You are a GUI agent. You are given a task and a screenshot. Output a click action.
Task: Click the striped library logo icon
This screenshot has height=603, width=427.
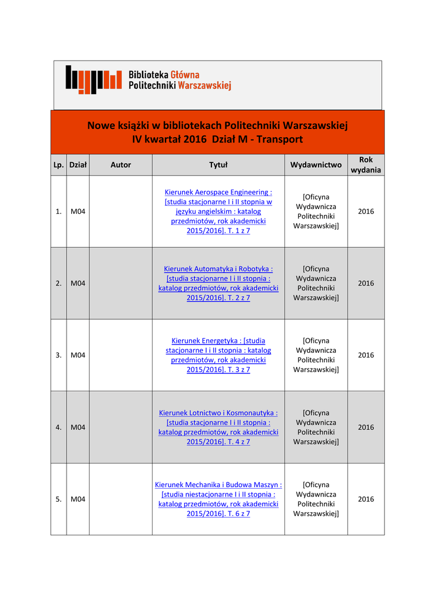94,79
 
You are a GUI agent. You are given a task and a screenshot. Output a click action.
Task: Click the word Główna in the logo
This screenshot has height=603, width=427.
185,75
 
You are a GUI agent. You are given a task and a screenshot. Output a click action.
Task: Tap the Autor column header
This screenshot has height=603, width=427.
121,165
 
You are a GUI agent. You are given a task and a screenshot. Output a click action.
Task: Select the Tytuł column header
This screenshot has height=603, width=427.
219,165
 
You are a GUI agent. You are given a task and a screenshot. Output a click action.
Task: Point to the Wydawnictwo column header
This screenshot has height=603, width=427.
316,165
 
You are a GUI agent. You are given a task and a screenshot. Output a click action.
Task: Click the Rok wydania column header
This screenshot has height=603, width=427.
366,165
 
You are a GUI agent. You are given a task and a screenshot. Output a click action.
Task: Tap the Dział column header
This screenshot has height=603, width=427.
78,165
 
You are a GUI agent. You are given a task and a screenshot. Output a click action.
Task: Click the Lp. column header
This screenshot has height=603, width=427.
58,165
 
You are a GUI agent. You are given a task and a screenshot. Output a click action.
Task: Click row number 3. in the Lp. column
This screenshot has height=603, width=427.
58,355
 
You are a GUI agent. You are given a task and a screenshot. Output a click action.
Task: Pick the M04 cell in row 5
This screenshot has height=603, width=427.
78,499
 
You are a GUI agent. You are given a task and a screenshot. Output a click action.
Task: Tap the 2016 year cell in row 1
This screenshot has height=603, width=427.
366,211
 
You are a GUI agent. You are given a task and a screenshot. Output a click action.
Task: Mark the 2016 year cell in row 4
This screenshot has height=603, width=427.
366,427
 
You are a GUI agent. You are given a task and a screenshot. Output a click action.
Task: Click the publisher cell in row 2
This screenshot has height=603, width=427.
316,283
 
